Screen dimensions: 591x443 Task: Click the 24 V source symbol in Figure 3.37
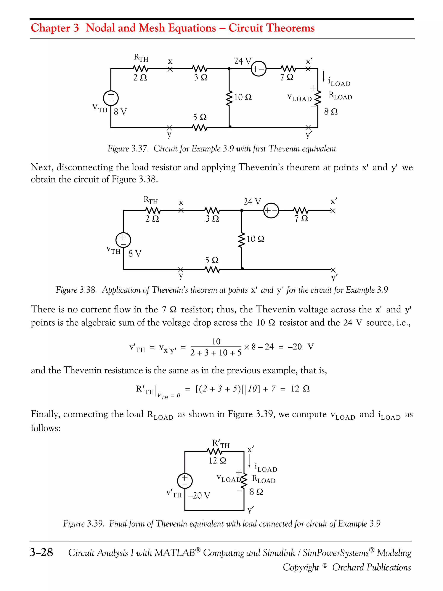coord(258,69)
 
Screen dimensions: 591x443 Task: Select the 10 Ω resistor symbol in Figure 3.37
coord(229,99)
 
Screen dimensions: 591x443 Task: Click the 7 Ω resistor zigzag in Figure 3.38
coord(301,211)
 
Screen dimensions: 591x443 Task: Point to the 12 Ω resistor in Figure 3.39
coord(214,452)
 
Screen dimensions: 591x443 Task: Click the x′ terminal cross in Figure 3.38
coord(333,211)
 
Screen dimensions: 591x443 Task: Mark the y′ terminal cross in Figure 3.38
coord(333,270)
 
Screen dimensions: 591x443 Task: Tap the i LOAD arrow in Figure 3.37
coord(323,76)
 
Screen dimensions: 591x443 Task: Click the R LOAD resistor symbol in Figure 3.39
coord(244,480)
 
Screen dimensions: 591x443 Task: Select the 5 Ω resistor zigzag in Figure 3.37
coord(199,128)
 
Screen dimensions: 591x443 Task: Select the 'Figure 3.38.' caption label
coord(76,290)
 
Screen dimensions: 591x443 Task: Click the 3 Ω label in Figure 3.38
coord(212,219)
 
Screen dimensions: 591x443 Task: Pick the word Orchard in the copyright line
coord(348,567)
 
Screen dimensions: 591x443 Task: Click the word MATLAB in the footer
coord(175,553)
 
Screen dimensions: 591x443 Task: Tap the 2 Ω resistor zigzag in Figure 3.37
coord(140,69)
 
